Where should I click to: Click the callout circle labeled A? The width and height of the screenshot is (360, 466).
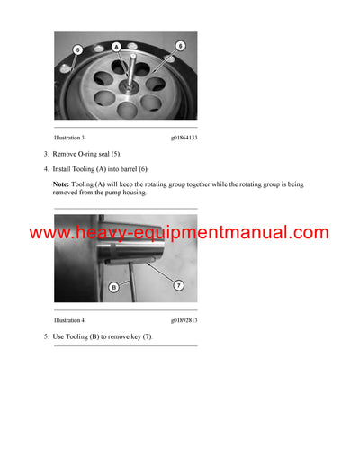tap(116, 44)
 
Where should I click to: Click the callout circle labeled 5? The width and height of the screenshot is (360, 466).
tap(77, 49)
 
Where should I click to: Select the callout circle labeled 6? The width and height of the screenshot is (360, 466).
tap(180, 44)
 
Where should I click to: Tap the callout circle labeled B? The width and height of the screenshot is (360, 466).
tap(114, 287)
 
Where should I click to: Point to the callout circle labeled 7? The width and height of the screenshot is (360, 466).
tap(178, 285)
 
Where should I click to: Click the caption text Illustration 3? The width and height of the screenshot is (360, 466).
tap(69, 138)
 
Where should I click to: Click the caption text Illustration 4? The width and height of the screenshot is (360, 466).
tap(69, 320)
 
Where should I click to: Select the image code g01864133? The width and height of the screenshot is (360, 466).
tap(184, 138)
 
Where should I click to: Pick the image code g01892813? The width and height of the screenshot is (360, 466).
tap(184, 320)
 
